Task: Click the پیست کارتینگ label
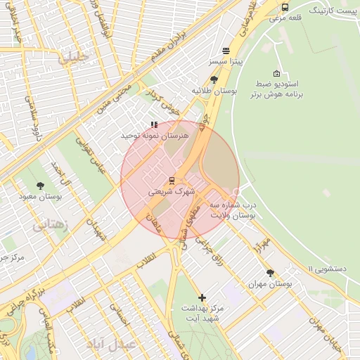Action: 330,12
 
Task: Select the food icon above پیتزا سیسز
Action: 226,51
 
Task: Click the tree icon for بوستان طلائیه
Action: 214,79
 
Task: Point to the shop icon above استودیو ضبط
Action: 276,74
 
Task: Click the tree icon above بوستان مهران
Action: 270,273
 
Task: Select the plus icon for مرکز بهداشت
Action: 202,297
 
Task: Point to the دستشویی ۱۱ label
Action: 330,268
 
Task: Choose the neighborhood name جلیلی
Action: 74,58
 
